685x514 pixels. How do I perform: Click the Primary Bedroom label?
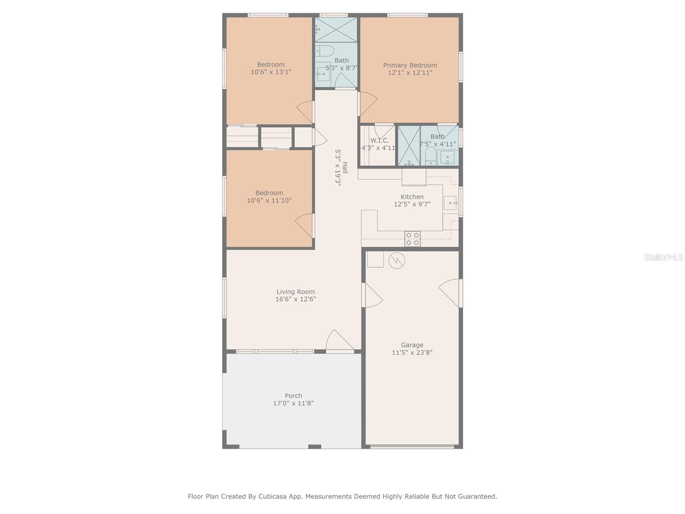[x=410, y=65]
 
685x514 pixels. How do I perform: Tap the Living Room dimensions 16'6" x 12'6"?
[x=295, y=299]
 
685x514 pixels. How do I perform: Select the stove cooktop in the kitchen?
[x=412, y=239]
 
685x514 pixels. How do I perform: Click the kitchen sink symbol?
[x=450, y=203]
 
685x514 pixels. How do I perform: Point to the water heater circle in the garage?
[x=397, y=260]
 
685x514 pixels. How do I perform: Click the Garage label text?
[x=412, y=345]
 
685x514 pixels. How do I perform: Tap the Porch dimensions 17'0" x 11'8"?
[x=293, y=403]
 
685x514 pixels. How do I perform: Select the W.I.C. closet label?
[x=379, y=140]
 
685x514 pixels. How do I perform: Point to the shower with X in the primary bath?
[x=409, y=146]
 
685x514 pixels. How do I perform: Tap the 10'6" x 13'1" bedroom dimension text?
[x=271, y=72]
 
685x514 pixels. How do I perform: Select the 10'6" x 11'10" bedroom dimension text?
[x=269, y=200]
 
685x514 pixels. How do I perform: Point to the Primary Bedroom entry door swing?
[x=367, y=104]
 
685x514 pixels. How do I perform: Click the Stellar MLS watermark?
[x=663, y=257]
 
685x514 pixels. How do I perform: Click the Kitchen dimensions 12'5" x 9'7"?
[x=412, y=204]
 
